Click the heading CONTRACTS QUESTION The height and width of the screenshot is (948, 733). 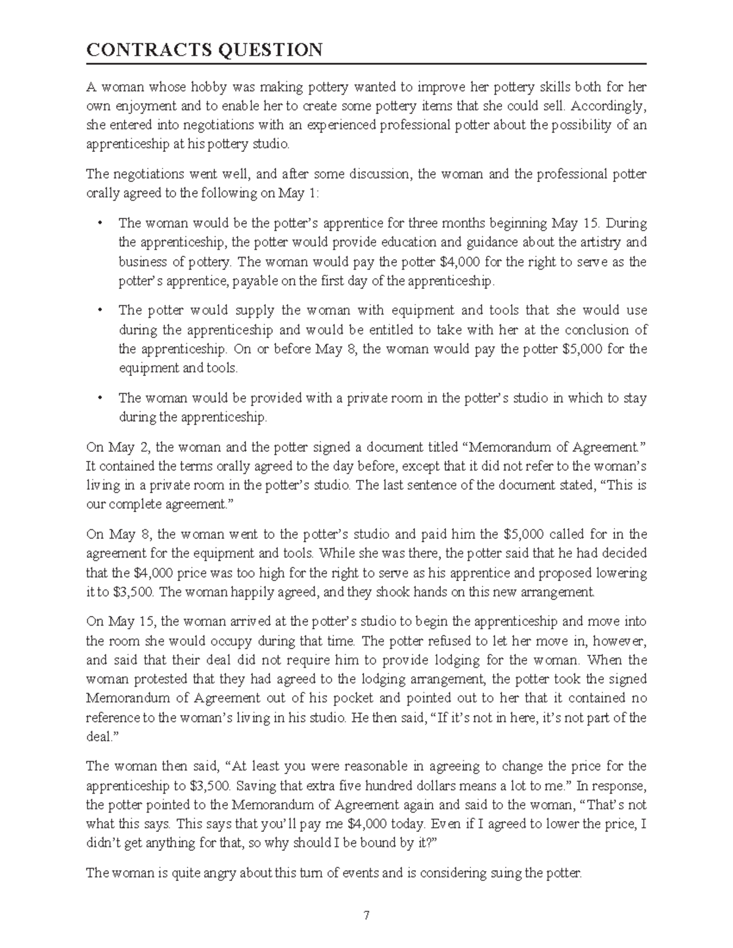click(204, 49)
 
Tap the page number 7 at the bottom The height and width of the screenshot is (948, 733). click(366, 914)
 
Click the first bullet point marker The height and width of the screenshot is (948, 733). click(100, 223)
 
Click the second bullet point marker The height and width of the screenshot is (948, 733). click(100, 311)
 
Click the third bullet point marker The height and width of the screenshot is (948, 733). click(100, 399)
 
